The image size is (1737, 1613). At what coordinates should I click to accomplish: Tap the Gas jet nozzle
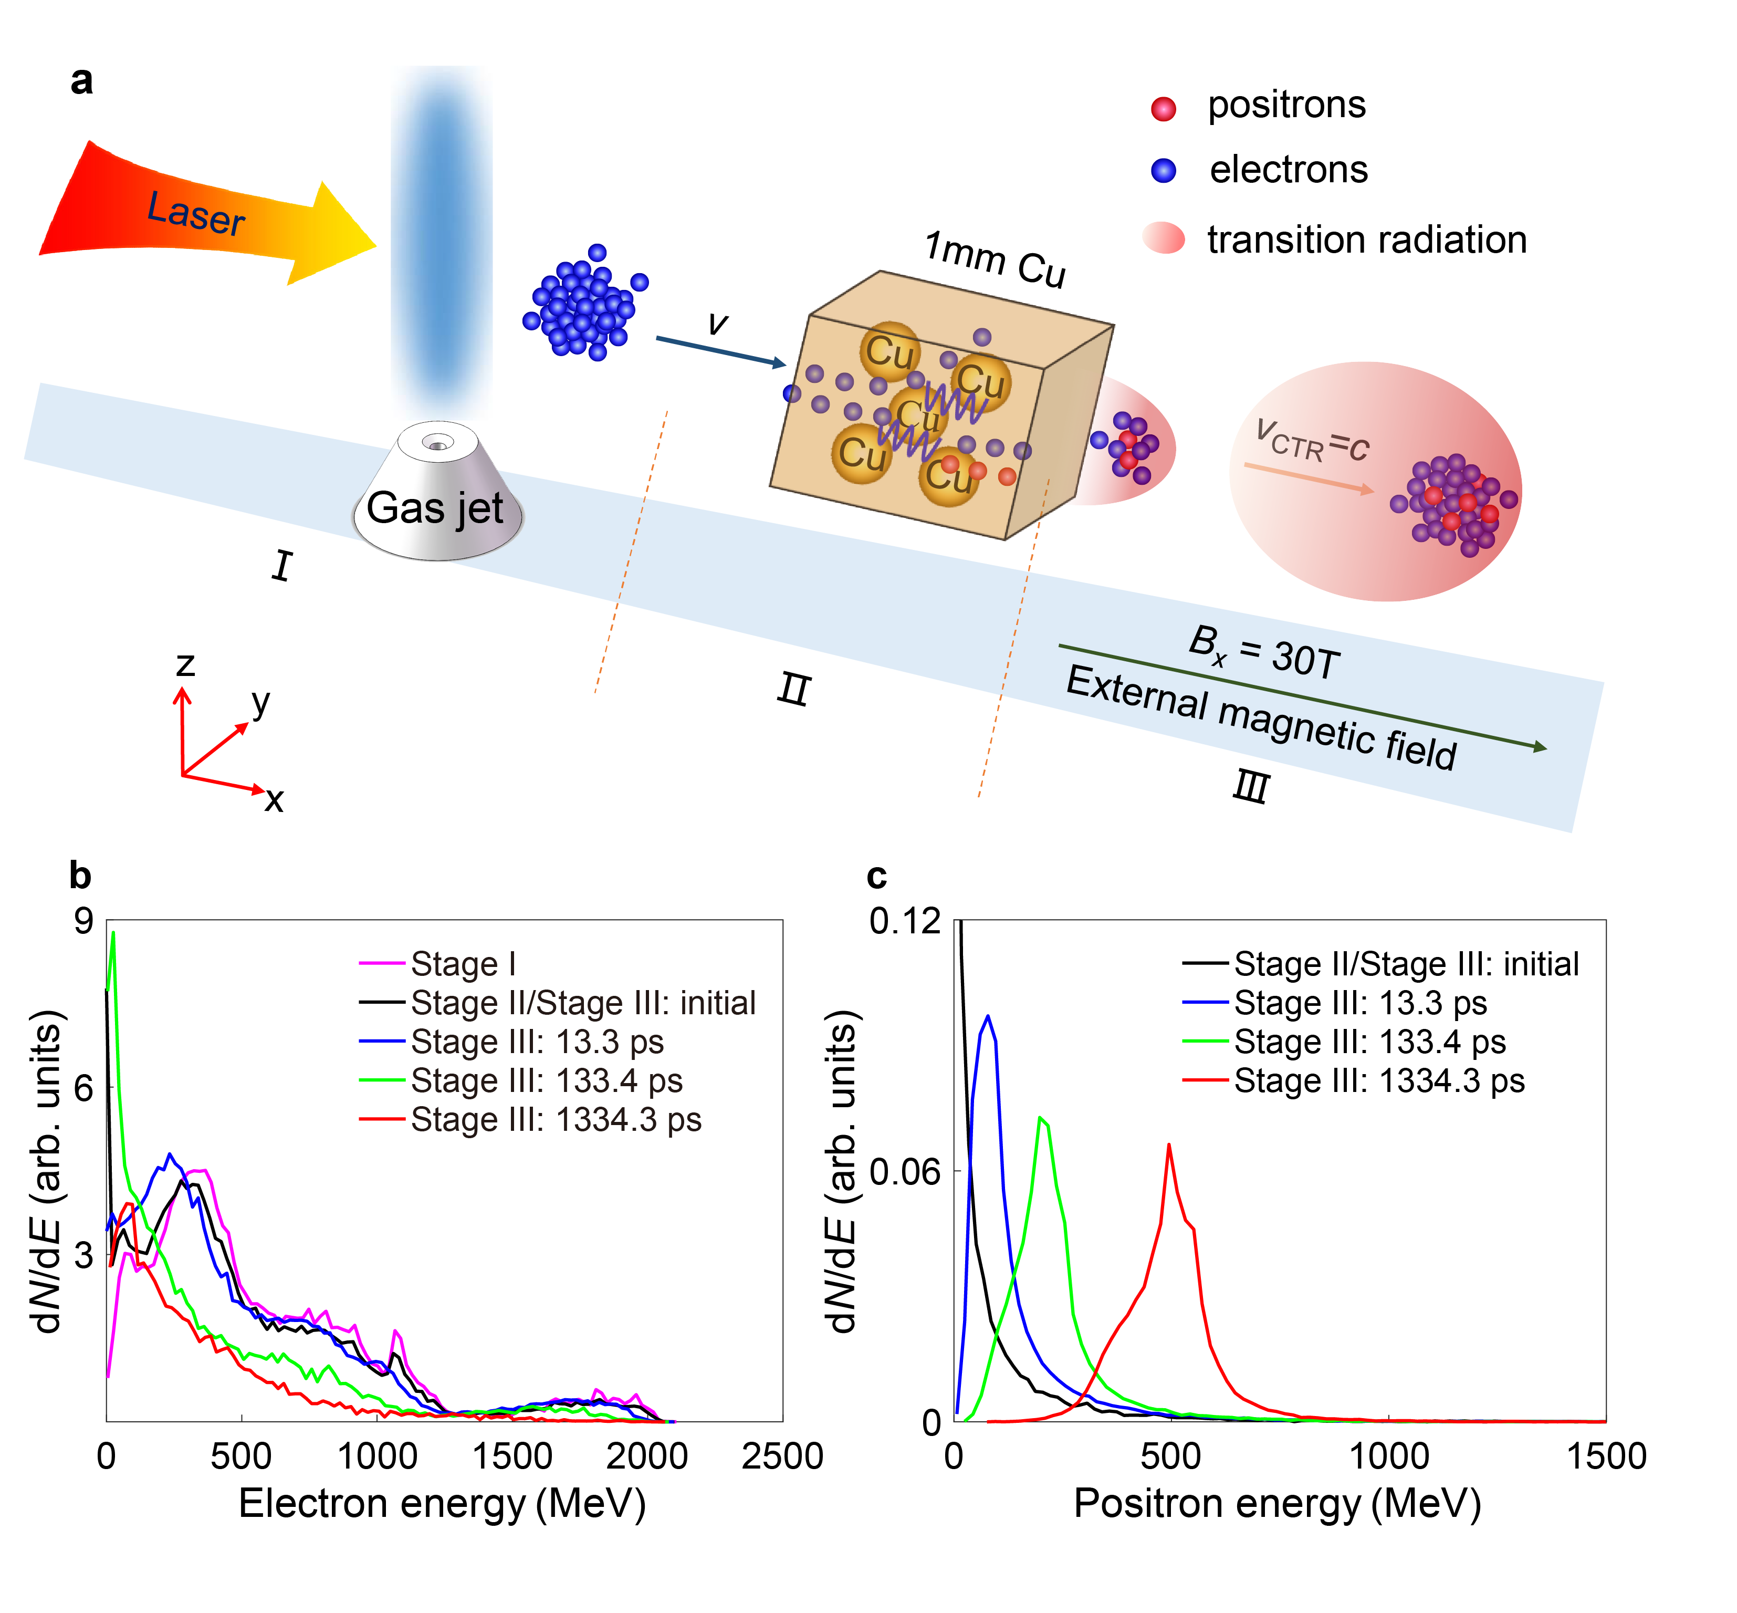436,493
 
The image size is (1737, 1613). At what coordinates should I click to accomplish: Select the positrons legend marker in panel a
1163,108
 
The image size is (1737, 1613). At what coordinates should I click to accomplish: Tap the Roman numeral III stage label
1250,787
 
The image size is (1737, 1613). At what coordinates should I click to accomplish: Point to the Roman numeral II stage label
793,690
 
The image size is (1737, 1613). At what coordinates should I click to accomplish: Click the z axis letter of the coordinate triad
185,665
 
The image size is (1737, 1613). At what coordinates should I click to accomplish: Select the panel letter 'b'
80,876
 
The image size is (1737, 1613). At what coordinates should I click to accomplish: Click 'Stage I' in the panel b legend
463,964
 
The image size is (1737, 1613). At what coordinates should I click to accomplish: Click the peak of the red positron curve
1168,1144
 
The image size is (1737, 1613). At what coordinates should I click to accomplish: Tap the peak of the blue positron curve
988,1016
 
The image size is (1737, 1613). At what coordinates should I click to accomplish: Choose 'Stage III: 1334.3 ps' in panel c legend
1378,1080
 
